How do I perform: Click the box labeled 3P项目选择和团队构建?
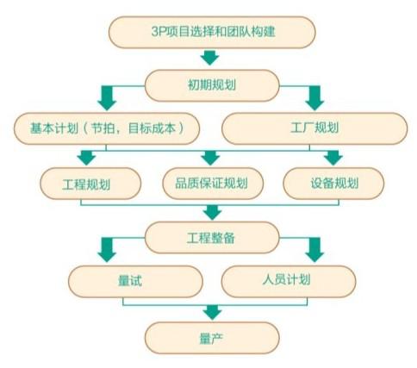click(212, 32)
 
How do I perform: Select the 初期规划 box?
click(212, 85)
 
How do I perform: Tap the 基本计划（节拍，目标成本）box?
click(107, 128)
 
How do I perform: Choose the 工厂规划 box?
click(314, 128)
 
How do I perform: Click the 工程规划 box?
click(90, 184)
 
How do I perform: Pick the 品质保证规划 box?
click(213, 184)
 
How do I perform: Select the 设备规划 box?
click(333, 184)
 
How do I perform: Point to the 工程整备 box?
click(212, 237)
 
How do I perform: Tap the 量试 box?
click(135, 281)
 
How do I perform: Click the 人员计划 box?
click(289, 281)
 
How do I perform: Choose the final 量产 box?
click(212, 338)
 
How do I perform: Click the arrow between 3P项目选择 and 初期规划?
click(209, 58)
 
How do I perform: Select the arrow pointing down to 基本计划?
click(107, 97)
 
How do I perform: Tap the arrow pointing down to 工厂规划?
click(314, 97)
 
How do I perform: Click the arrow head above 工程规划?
click(86, 158)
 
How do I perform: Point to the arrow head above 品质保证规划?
click(210, 158)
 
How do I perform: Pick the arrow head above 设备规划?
click(333, 158)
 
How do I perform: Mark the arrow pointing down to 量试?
click(107, 250)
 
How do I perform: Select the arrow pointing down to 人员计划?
click(314, 250)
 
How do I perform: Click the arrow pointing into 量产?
click(212, 312)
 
